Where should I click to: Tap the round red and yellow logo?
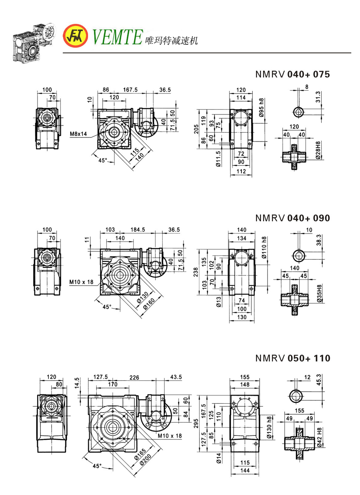point(75,36)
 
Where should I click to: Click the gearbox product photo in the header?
point(33,42)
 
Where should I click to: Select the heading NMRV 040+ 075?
point(293,74)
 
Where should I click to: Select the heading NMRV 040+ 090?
point(293,218)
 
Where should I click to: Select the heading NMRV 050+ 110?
point(293,358)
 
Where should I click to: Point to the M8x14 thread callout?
point(78,134)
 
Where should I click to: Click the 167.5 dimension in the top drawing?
point(130,90)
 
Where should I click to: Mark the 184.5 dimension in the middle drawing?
point(138,230)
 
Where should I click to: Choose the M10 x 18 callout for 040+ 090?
point(81,282)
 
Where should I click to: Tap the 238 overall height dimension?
point(196,272)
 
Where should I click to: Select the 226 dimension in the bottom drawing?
point(134,377)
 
